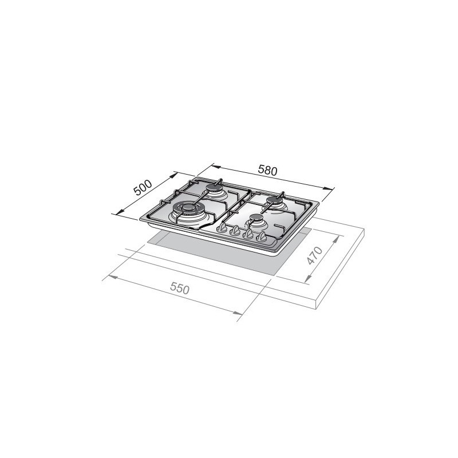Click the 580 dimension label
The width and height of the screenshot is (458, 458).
coord(267,170)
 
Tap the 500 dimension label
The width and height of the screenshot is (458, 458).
coord(141,187)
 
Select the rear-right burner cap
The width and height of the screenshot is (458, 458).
coord(274,200)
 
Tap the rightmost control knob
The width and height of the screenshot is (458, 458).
coord(262,236)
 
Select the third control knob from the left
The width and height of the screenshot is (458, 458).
coord(248,234)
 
